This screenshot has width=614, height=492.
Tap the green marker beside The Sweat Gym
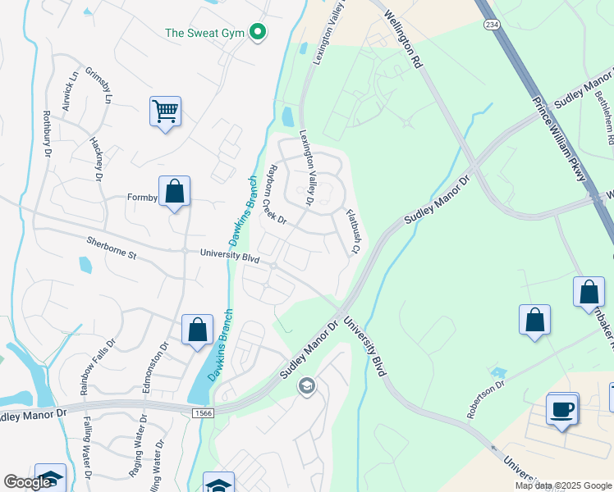pos(258,33)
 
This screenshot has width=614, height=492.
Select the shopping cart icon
pos(165,111)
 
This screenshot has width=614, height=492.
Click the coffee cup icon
pos(562,408)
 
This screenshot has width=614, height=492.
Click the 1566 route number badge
pos(205,412)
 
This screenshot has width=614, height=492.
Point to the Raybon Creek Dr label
pos(273,194)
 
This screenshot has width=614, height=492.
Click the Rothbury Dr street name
pos(47,132)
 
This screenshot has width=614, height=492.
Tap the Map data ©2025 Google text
pos(562,485)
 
